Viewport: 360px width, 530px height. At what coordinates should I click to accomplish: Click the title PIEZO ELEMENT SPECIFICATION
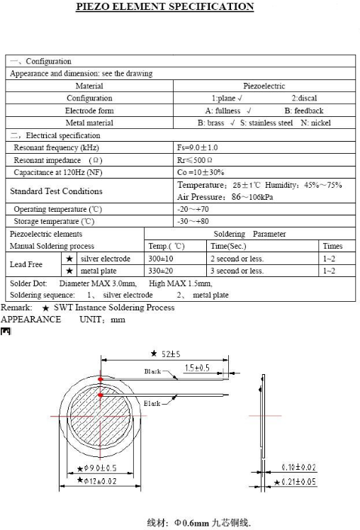164,6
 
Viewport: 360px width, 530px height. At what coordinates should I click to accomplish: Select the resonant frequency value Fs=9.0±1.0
198,147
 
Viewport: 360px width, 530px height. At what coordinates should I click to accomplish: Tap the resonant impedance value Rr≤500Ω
195,160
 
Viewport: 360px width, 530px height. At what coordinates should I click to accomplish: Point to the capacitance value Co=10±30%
201,172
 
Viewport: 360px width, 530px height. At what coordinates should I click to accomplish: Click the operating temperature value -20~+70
193,209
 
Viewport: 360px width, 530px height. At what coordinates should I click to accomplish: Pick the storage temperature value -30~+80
193,221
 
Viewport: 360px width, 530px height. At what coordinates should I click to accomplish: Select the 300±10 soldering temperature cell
161,259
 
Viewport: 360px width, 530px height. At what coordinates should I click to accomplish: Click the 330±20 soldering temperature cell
161,271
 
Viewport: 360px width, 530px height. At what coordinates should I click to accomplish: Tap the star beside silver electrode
69,259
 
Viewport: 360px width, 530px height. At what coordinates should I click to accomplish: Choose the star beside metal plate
69,271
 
